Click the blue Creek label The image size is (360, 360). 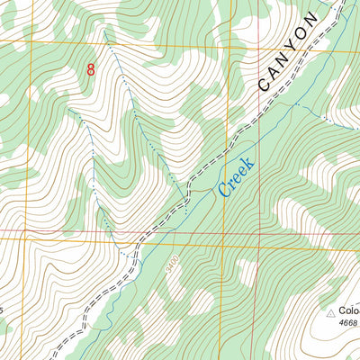tap(237, 176)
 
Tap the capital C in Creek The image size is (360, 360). tap(220, 190)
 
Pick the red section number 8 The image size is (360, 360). tap(91, 69)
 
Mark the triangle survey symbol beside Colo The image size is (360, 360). tap(330, 312)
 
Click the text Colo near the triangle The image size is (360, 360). tap(350, 311)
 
